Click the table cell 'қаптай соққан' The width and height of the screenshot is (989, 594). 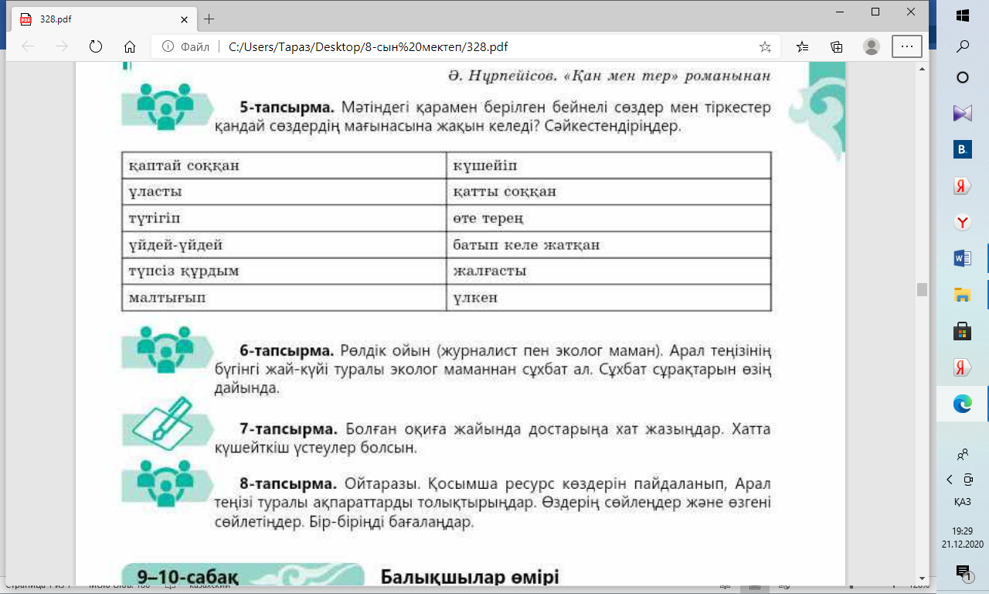pyautogui.click(x=284, y=166)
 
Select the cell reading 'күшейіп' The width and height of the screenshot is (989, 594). pyautogui.click(x=609, y=166)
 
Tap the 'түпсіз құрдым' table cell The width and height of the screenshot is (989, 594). pyautogui.click(x=284, y=271)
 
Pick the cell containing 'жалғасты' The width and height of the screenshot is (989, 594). pyautogui.click(x=609, y=271)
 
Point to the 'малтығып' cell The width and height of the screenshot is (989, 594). pyautogui.click(x=284, y=298)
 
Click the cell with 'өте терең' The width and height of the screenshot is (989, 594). pyautogui.click(x=609, y=218)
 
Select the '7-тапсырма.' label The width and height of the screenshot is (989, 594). pyautogui.click(x=287, y=429)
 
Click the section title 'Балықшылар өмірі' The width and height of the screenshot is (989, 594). pyautogui.click(x=469, y=577)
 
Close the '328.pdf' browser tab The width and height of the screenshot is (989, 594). pyautogui.click(x=183, y=19)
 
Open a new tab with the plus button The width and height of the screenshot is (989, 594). pyautogui.click(x=209, y=19)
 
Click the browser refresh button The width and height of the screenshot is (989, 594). pyautogui.click(x=96, y=46)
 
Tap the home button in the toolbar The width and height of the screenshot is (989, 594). pyautogui.click(x=130, y=46)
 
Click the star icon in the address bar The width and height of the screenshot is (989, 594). pyautogui.click(x=765, y=46)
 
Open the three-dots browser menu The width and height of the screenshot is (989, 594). pyautogui.click(x=906, y=46)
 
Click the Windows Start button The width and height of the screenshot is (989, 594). pyautogui.click(x=963, y=15)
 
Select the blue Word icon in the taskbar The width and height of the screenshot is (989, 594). pyautogui.click(x=963, y=258)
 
